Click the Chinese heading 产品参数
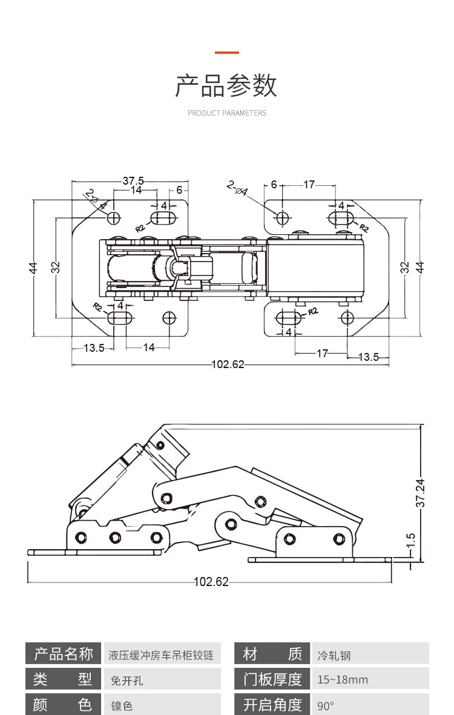[x=226, y=86]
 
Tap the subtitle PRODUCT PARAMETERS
[x=226, y=113]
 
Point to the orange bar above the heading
[x=226, y=53]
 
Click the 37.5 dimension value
[x=133, y=180]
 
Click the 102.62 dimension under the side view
[x=211, y=582]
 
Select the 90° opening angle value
[x=326, y=705]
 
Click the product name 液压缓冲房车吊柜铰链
[x=161, y=655]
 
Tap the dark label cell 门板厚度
[x=272, y=679]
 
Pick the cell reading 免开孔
[x=127, y=680]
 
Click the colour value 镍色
[x=122, y=705]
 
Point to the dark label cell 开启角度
[x=272, y=705]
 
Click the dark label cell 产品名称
[x=64, y=654]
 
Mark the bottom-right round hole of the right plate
[x=346, y=317]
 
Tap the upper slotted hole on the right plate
[x=341, y=217]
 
